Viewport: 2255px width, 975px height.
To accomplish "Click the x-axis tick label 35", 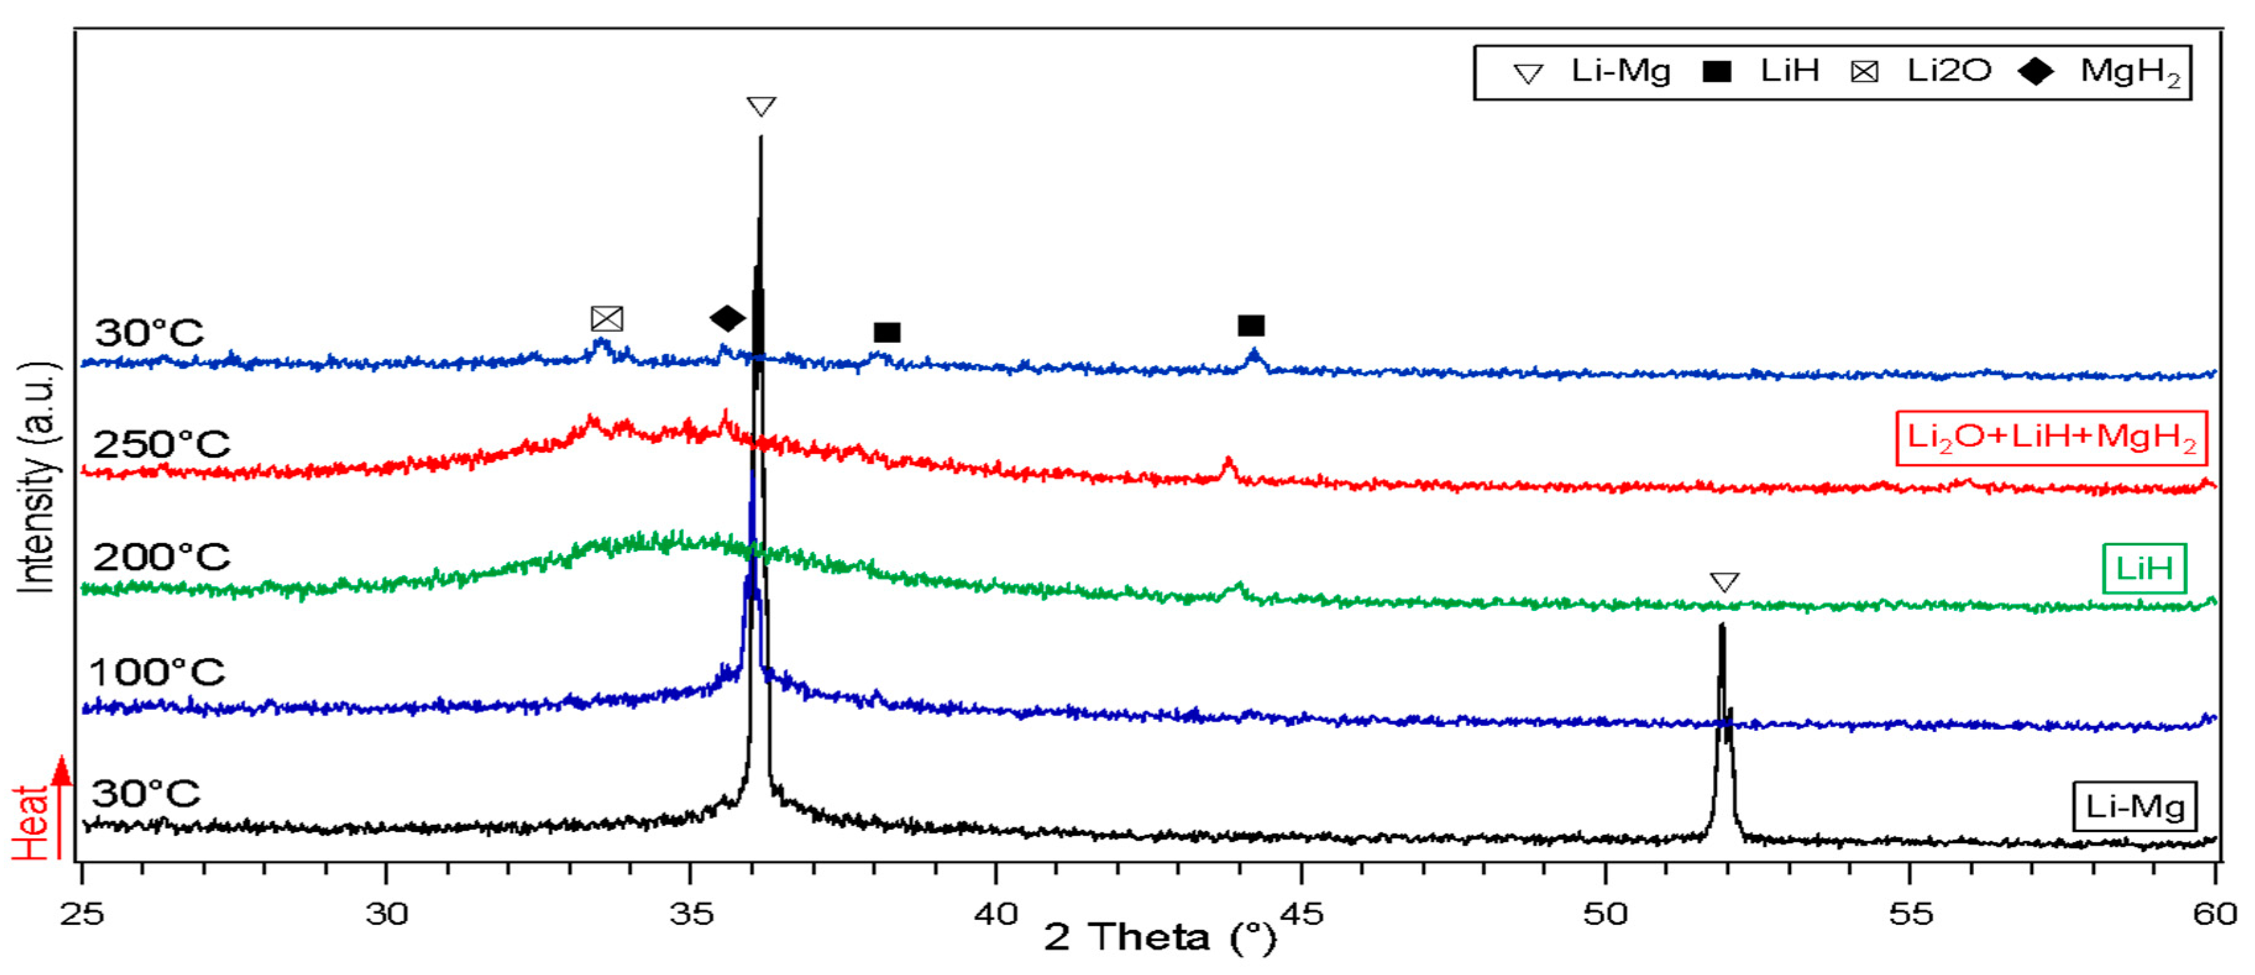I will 691,914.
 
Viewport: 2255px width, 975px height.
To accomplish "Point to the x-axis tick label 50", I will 1606,914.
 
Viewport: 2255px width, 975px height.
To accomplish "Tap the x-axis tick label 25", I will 82,914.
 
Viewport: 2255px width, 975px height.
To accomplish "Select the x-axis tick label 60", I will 2215,914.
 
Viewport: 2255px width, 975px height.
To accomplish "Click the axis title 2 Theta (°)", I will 1160,937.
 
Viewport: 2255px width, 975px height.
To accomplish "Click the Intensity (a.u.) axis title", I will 37,477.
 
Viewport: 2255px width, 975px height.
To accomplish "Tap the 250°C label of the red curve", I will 161,445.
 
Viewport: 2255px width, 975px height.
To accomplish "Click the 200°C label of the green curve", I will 161,557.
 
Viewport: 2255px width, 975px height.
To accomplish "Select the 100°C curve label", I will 157,672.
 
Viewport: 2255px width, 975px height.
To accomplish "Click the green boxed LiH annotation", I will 2144,569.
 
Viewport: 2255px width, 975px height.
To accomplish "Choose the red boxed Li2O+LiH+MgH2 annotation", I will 2051,437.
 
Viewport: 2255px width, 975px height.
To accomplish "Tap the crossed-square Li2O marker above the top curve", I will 607,319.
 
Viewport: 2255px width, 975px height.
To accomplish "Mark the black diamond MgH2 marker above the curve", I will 727,319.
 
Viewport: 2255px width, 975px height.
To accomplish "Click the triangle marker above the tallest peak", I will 761,107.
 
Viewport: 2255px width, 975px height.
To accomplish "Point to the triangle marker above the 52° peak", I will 1724,582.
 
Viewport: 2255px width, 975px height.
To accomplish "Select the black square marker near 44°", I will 1251,326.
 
